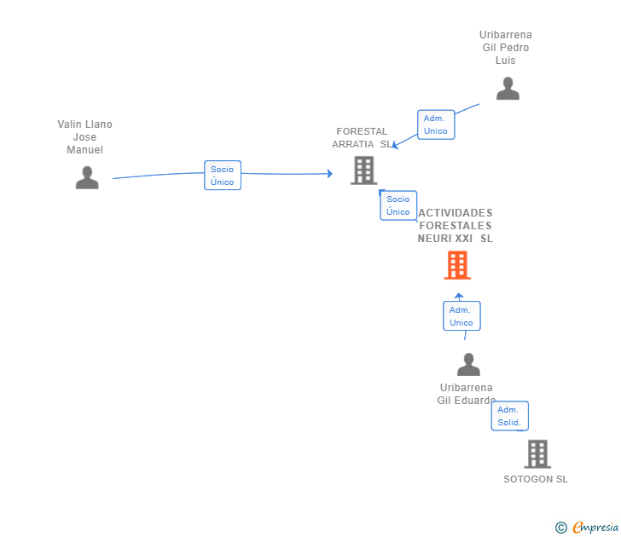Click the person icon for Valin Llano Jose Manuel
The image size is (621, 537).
click(87, 177)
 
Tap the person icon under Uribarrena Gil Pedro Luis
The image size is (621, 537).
click(508, 89)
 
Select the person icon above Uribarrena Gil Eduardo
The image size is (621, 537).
click(468, 365)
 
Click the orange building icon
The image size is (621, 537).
click(457, 265)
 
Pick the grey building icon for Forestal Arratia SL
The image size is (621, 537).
click(364, 170)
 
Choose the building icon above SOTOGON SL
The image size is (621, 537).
click(537, 454)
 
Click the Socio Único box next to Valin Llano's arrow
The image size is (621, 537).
click(223, 176)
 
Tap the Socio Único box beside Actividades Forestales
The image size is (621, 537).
click(398, 205)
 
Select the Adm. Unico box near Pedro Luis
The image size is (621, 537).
click(436, 124)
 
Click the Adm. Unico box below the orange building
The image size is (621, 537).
click(461, 315)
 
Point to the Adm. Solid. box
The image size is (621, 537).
click(510, 416)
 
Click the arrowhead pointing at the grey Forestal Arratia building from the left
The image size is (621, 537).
click(330, 173)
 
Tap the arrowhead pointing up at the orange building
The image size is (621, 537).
click(459, 296)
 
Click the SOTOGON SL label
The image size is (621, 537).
click(536, 479)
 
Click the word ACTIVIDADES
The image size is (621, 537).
click(456, 213)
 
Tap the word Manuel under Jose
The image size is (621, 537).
click(84, 150)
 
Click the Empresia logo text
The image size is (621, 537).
click(595, 528)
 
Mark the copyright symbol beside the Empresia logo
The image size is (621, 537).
click(561, 528)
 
